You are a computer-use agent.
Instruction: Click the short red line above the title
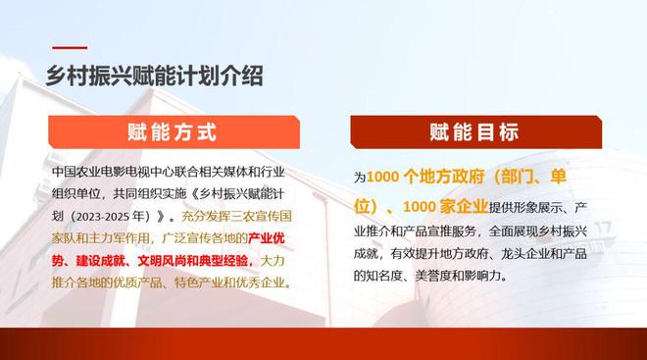pos(70,48)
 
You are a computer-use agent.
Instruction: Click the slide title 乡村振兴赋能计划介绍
pos(154,76)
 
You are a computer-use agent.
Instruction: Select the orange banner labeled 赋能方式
pos(174,132)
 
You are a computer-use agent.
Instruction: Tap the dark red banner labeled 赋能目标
pos(475,132)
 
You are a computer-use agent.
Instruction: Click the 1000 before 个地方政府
pos(382,177)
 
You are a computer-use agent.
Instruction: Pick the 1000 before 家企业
pos(420,206)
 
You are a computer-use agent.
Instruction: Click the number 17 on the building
pos(603,228)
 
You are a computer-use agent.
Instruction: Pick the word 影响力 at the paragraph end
pos(482,276)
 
